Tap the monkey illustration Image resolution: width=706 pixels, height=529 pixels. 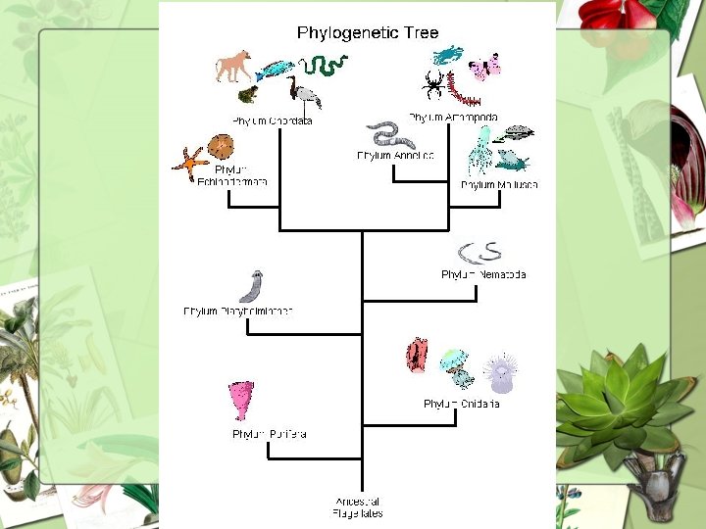point(233,67)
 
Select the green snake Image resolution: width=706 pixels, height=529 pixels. point(324,66)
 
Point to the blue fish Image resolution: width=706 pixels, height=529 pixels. point(276,71)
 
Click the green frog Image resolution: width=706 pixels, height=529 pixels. point(248,95)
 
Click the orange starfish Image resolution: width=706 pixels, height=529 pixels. point(190,163)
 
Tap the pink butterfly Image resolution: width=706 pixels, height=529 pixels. point(485,68)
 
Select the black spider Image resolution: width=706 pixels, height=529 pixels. point(433,84)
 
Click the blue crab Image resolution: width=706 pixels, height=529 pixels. point(448,54)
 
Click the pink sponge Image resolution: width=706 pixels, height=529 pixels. point(241,401)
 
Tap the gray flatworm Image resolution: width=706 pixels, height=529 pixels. point(251,286)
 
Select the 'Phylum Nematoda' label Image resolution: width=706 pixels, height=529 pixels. point(483,275)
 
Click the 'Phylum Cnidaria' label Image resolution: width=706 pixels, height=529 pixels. point(462,404)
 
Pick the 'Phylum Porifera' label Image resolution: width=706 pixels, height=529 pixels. point(270,434)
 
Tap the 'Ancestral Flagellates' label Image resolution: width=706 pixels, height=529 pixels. point(359,507)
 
